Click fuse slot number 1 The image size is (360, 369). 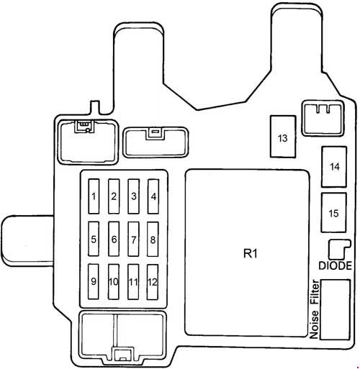pyautogui.click(x=94, y=196)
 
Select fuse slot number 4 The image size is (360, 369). pyautogui.click(x=153, y=196)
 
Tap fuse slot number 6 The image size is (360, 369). pyautogui.click(x=114, y=239)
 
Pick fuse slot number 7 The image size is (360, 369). pyautogui.click(x=133, y=239)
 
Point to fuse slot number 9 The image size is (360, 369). pyautogui.click(x=94, y=282)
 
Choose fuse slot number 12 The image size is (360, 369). pyautogui.click(x=153, y=282)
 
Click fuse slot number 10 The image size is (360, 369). pyautogui.click(x=114, y=282)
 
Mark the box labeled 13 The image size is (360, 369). pyautogui.click(x=283, y=137)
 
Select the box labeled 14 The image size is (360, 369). pyautogui.click(x=334, y=167)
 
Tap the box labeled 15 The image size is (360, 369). pyautogui.click(x=334, y=213)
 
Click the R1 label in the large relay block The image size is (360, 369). pyautogui.click(x=251, y=253)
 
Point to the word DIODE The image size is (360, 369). pyautogui.click(x=335, y=265)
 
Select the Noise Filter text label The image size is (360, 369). pyautogui.click(x=315, y=309)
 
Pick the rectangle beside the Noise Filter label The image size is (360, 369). pyautogui.click(x=336, y=309)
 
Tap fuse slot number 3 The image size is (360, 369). pyautogui.click(x=133, y=196)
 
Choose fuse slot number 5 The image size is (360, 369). pyautogui.click(x=94, y=239)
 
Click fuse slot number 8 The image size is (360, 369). pyautogui.click(x=153, y=239)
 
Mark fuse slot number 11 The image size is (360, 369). pyautogui.click(x=133, y=282)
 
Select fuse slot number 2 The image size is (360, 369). pyautogui.click(x=114, y=196)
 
